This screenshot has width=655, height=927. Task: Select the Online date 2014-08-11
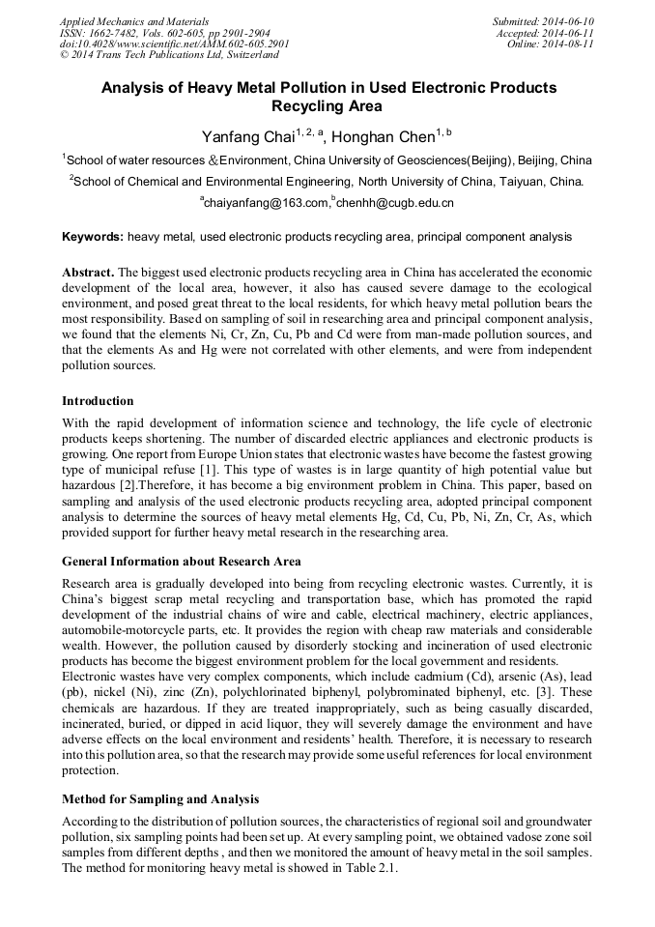tap(568, 44)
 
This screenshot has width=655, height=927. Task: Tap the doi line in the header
tap(174, 44)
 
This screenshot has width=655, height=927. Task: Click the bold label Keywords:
tap(93, 237)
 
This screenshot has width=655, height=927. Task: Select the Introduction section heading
tap(98, 400)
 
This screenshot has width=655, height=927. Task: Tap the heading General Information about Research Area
tap(181, 562)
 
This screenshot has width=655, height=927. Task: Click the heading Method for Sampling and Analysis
tap(159, 799)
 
